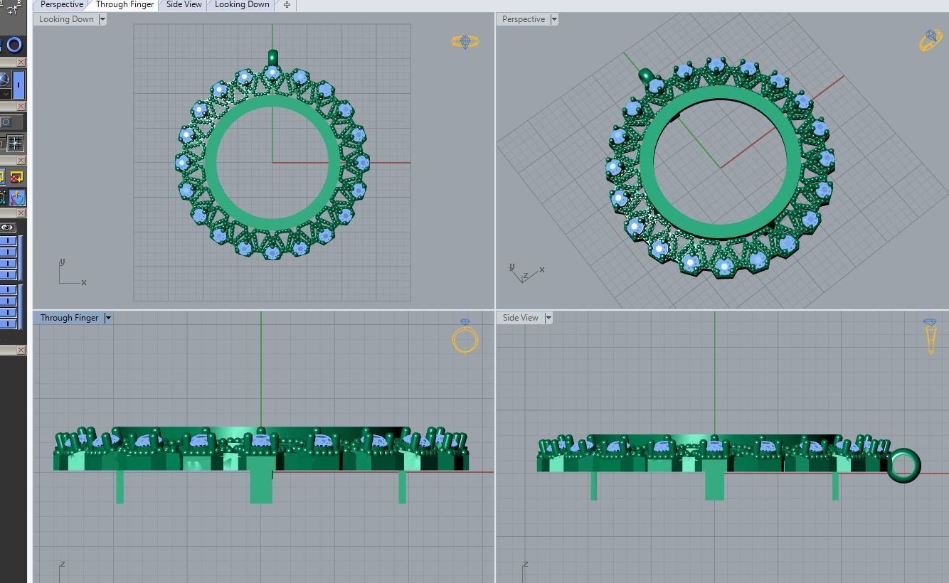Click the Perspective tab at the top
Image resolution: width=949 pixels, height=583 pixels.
(62, 4)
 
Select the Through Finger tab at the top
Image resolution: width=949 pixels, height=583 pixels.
(124, 4)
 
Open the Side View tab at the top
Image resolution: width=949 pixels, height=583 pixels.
(184, 4)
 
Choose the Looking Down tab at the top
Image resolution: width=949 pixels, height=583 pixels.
(242, 4)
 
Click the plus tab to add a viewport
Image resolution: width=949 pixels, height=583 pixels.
(287, 4)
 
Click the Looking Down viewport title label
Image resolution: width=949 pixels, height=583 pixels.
(66, 19)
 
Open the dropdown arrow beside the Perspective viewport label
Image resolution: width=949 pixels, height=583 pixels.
(553, 19)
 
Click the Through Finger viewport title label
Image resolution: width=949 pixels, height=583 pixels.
(69, 318)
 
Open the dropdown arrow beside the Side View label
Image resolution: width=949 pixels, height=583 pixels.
(548, 318)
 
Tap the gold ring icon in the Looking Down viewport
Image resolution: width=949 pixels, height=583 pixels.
(465, 43)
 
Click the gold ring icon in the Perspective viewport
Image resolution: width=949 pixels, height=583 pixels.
(931, 41)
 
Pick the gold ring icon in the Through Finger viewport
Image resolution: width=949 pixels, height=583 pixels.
(465, 338)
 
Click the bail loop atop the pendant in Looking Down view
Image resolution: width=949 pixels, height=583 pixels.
(272, 57)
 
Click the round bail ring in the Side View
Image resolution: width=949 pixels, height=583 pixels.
(903, 466)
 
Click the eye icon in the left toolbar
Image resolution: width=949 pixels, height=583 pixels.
(8, 228)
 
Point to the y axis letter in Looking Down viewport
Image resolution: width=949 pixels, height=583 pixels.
(63, 262)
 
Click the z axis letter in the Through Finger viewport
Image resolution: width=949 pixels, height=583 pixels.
(63, 564)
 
